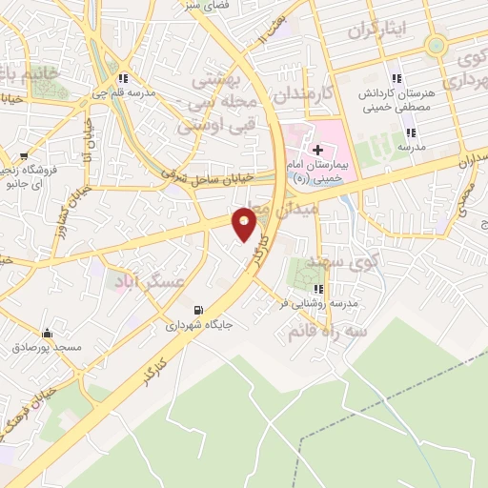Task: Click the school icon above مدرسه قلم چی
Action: [122, 78]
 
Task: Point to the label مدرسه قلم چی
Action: [123, 92]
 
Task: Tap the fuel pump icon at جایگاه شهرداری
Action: [197, 309]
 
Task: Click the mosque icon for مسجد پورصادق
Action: [47, 333]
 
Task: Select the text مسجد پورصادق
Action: [48, 348]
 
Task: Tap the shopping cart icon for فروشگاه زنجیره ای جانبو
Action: [25, 156]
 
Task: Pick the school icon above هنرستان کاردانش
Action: [396, 78]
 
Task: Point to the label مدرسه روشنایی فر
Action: [318, 303]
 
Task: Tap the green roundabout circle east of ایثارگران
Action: [436, 44]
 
